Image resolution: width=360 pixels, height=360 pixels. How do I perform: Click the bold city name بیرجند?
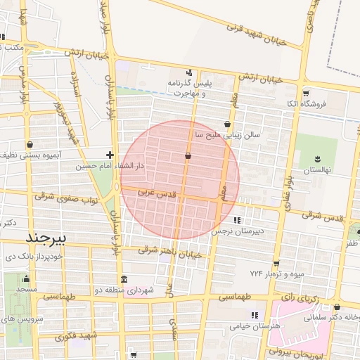(45, 237)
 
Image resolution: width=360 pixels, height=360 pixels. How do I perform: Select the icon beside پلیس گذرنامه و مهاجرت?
(188, 72)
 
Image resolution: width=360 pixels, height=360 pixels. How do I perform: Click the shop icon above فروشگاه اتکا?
(305, 94)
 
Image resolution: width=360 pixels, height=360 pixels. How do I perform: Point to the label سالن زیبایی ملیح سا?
(228, 133)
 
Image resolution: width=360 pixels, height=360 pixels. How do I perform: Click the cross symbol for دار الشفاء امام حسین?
(110, 154)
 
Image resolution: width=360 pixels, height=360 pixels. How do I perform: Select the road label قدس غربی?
(150, 191)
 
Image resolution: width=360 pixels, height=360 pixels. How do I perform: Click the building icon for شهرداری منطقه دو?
(124, 278)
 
